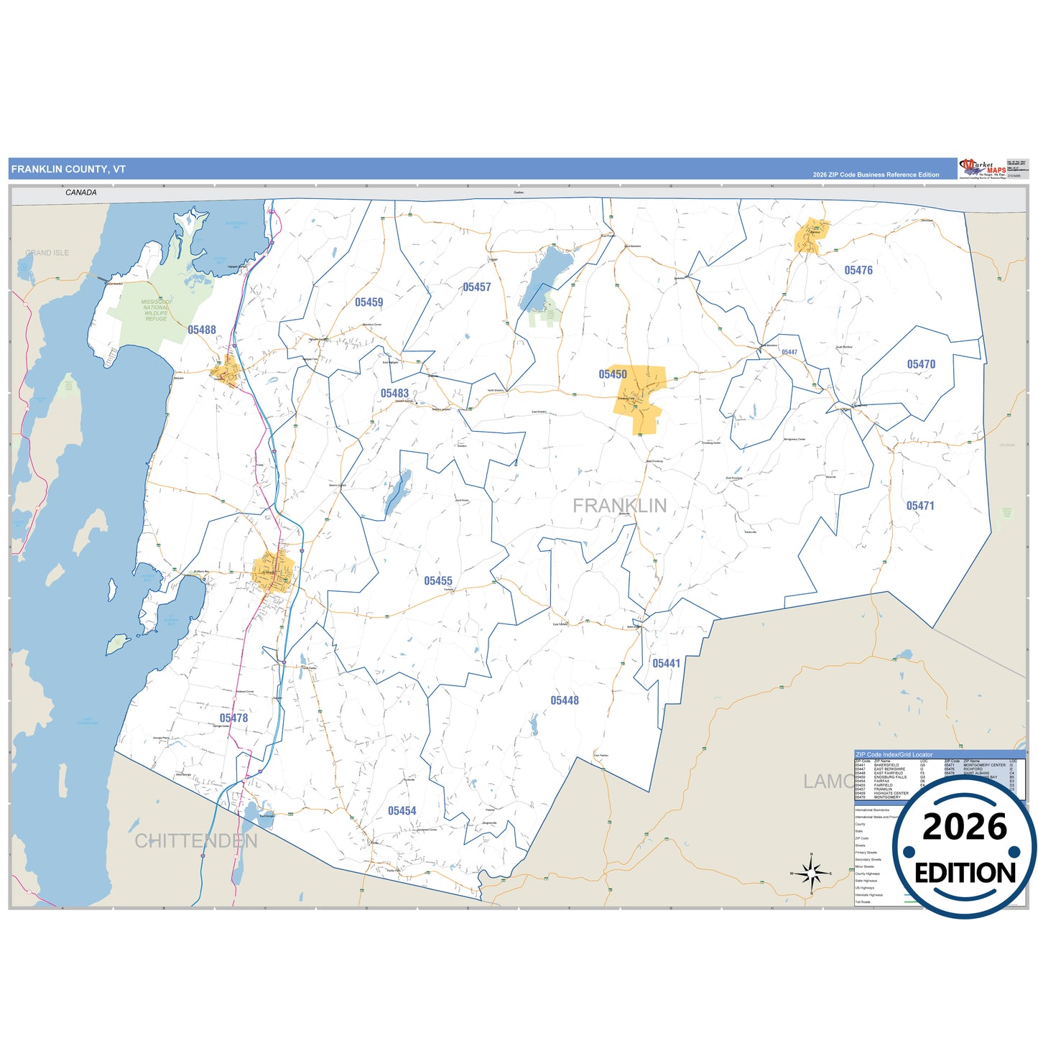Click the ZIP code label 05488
click(x=202, y=330)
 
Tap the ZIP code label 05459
click(x=369, y=302)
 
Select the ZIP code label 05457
click(x=477, y=287)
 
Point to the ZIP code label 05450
click(x=613, y=374)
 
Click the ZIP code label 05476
click(x=858, y=270)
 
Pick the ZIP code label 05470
click(x=921, y=364)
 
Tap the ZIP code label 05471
click(x=920, y=506)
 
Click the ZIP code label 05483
click(x=394, y=393)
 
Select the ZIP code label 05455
click(x=438, y=580)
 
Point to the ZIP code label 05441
click(x=666, y=663)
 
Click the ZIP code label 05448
click(x=565, y=700)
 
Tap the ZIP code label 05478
click(x=233, y=718)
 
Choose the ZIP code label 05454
click(x=402, y=810)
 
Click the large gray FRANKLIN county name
click(x=619, y=506)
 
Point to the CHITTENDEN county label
click(x=196, y=840)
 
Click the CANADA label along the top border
click(x=80, y=193)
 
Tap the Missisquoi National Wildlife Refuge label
click(x=156, y=310)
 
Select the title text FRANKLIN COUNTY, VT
click(x=68, y=170)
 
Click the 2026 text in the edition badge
click(x=965, y=828)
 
